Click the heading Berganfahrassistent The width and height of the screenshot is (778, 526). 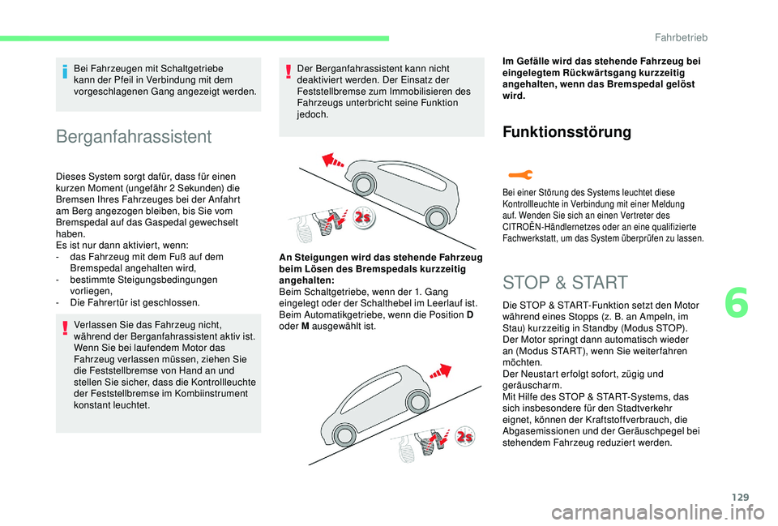(x=135, y=136)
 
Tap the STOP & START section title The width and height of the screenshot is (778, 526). (x=565, y=283)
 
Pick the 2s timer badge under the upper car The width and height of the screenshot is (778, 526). (x=363, y=218)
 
